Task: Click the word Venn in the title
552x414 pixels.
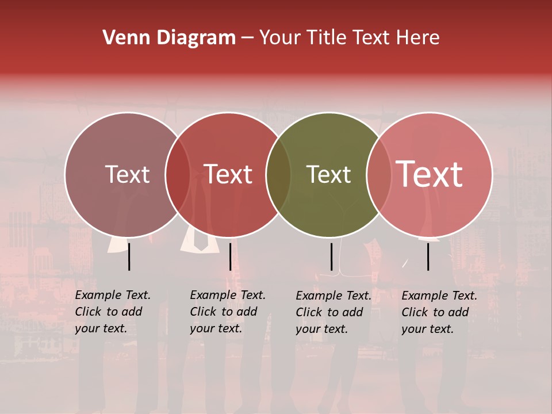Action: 126,38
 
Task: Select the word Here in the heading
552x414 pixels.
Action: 419,38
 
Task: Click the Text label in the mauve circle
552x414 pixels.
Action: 127,174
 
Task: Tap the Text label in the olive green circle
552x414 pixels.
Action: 328,174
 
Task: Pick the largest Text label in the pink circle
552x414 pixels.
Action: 430,174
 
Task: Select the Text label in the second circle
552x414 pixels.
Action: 228,174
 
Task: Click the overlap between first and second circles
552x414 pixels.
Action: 178,175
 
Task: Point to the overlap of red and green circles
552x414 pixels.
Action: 278,175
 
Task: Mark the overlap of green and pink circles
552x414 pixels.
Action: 379,175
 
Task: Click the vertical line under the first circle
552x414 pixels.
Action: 129,256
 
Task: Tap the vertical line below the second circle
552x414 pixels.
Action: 230,256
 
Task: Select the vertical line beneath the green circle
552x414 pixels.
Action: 331,256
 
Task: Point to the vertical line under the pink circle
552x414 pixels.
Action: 428,256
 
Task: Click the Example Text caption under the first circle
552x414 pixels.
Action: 113,312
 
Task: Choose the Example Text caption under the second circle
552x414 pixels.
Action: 228,312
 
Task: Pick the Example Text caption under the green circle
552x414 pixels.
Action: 333,312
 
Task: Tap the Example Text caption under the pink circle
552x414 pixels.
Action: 439,312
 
